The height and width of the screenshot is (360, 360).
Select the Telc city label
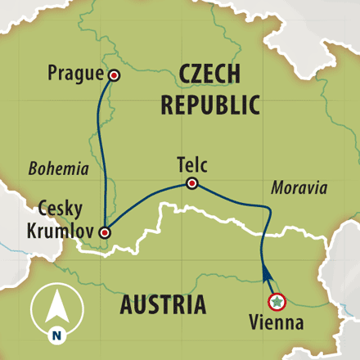[x=191, y=164]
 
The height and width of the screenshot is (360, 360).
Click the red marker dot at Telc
[x=191, y=183]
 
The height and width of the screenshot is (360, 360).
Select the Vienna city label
[x=277, y=322]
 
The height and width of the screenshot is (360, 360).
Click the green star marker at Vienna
[x=277, y=301]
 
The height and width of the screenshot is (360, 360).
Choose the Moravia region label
[x=299, y=188]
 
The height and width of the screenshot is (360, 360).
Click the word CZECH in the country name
[x=210, y=75]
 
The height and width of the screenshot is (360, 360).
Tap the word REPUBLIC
[x=210, y=105]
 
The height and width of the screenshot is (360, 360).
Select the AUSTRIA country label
[x=163, y=305]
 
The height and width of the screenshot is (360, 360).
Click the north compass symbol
[x=56, y=313]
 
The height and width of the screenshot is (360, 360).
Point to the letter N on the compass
[x=56, y=334]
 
